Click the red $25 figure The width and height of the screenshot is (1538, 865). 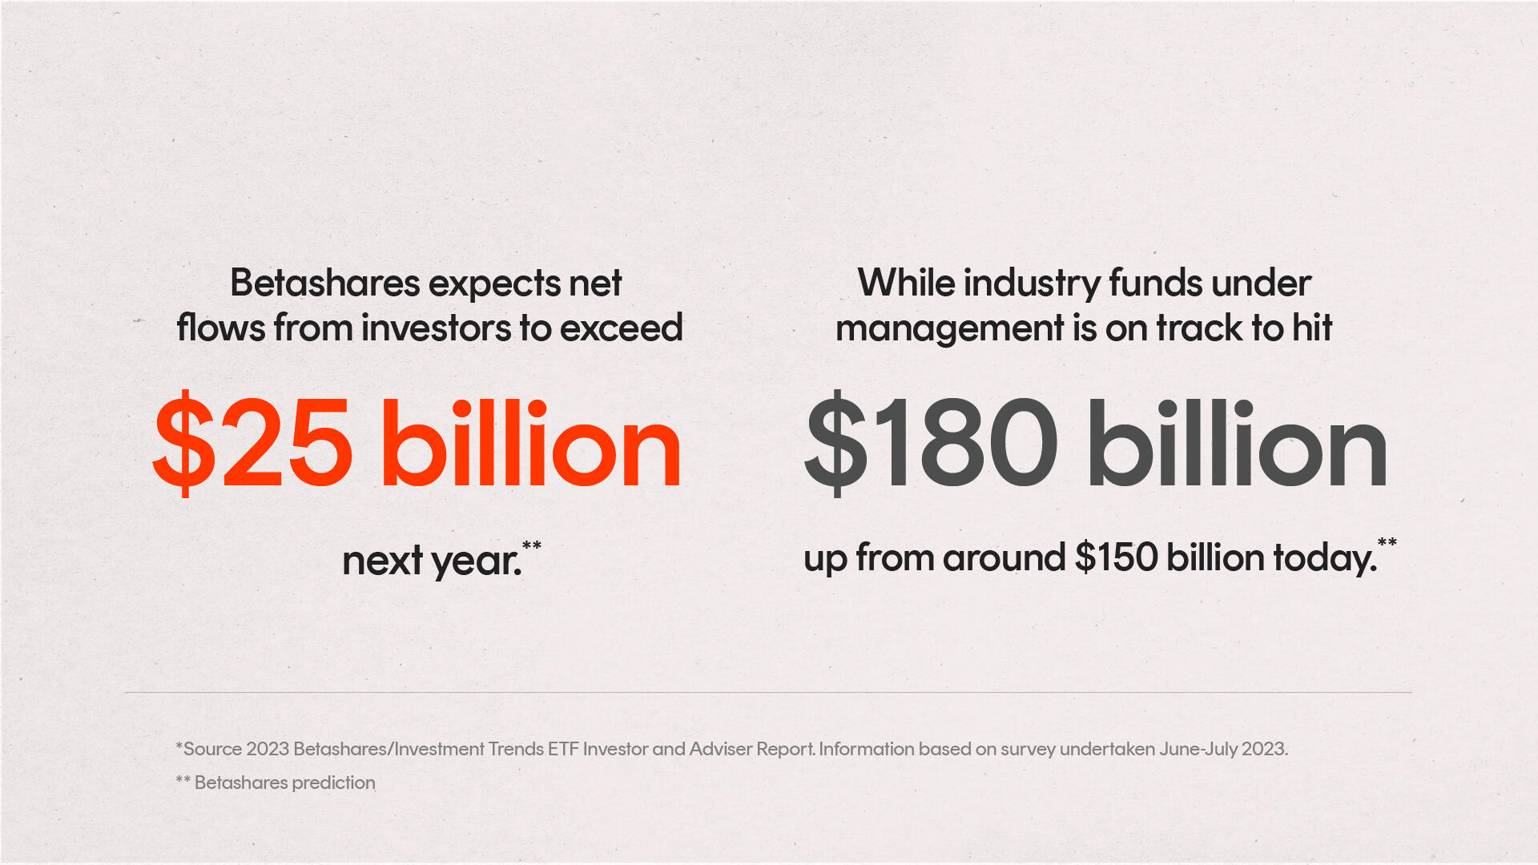pyautogui.click(x=252, y=443)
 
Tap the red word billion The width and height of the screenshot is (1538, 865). pyautogui.click(x=531, y=443)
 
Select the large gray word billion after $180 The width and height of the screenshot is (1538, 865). pyautogui.click(x=1238, y=443)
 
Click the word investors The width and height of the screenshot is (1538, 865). pyautogui.click(x=437, y=328)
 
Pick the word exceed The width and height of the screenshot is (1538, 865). pyautogui.click(x=622, y=328)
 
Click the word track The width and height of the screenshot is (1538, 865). pyautogui.click(x=1199, y=328)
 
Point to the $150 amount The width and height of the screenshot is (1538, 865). pyautogui.click(x=1116, y=557)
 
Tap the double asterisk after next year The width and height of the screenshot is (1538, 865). pyautogui.click(x=532, y=546)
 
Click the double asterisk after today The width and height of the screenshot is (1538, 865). pyautogui.click(x=1387, y=543)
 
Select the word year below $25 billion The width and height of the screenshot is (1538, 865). pyautogui.click(x=476, y=561)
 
